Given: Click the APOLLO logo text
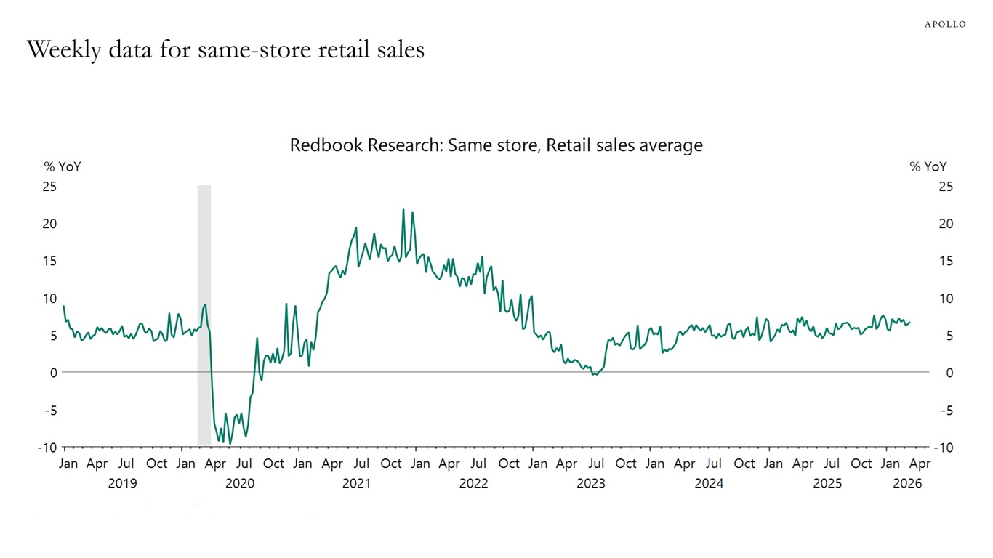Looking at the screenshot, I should (x=945, y=24).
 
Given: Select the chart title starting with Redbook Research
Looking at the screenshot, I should (x=496, y=145).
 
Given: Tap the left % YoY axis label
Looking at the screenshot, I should (x=63, y=166).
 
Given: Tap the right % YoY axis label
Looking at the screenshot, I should (x=928, y=166).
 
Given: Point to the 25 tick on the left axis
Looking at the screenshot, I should (x=49, y=187).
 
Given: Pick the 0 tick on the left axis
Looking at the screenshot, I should (x=53, y=373).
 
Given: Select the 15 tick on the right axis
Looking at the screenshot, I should (x=946, y=261).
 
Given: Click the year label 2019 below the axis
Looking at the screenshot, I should (x=122, y=483).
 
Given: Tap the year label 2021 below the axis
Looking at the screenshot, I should (x=356, y=483).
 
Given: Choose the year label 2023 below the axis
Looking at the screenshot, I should (x=590, y=483).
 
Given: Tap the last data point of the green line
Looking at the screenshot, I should (x=910, y=322).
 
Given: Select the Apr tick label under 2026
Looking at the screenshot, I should (x=920, y=464).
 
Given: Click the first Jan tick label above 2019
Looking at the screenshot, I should (x=68, y=464).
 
